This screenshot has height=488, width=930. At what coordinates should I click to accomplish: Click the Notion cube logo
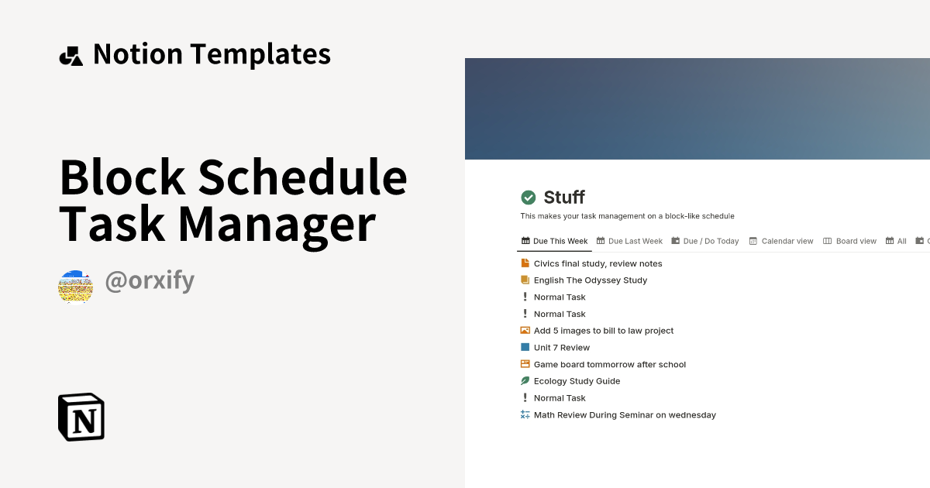(x=81, y=418)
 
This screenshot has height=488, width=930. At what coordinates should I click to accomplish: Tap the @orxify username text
(x=149, y=281)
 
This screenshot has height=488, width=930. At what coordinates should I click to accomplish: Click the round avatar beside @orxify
(x=75, y=287)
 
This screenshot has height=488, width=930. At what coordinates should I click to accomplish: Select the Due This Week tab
(x=554, y=241)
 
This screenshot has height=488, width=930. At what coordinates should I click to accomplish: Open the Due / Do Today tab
(x=705, y=241)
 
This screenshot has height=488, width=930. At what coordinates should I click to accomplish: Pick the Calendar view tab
(x=781, y=241)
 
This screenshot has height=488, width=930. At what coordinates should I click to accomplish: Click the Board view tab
(x=850, y=241)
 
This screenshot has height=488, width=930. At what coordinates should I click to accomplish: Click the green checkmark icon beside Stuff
(x=529, y=198)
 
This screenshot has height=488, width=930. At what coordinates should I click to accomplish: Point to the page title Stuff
(x=564, y=198)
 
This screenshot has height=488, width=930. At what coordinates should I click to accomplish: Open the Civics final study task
(x=598, y=263)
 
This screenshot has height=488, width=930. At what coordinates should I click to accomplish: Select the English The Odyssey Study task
(x=590, y=280)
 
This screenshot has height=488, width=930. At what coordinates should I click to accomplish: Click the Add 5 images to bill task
(x=603, y=331)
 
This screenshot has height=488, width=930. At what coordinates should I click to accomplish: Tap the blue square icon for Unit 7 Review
(x=525, y=348)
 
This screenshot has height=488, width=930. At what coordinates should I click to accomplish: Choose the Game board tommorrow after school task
(x=609, y=364)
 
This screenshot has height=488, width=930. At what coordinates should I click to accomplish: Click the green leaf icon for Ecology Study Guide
(x=525, y=381)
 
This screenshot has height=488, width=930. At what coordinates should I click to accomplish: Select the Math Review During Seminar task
(x=625, y=415)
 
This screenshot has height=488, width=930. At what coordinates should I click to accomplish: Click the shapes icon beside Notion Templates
(x=71, y=56)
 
